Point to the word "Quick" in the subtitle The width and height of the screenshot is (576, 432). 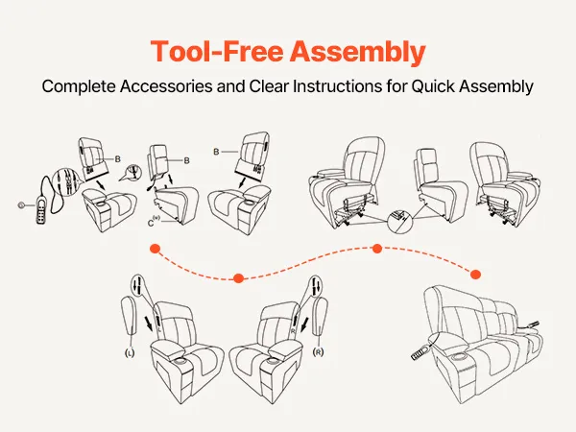click(x=438, y=85)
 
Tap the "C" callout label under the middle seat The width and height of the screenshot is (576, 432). click(x=153, y=223)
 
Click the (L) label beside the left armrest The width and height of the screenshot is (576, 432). click(x=128, y=353)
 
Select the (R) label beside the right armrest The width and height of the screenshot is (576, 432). click(x=317, y=353)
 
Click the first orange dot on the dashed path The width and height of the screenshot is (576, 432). click(x=154, y=249)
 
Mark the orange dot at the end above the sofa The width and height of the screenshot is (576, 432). click(x=473, y=273)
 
